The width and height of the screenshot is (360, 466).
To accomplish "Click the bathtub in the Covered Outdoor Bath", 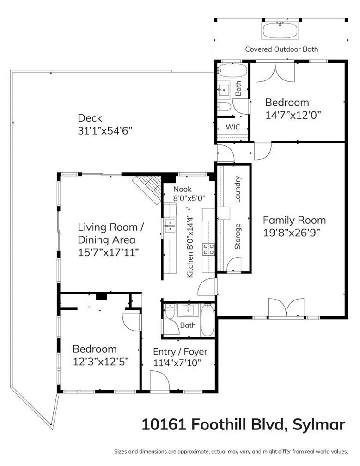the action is click(x=280, y=31).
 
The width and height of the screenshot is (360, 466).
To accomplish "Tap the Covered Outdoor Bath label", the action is click(x=281, y=49).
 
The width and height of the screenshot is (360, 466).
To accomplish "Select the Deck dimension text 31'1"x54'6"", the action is click(x=105, y=131).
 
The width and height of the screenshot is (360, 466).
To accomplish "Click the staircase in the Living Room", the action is click(x=147, y=190).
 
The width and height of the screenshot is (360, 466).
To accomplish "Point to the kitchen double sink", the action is click(x=170, y=226).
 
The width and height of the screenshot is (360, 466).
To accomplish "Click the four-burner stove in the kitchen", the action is click(x=208, y=249).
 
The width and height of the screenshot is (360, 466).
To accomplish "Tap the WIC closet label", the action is click(x=232, y=127).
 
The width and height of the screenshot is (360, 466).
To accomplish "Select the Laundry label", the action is click(x=238, y=190).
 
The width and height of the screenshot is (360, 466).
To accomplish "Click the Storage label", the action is click(x=238, y=237).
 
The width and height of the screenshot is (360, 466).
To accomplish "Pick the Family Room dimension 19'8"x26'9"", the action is click(x=292, y=233).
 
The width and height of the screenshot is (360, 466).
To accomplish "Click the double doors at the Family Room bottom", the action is click(x=286, y=308).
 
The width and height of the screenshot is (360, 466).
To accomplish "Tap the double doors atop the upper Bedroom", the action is click(x=275, y=72).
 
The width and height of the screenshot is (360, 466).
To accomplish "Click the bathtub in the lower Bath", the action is click(x=207, y=320).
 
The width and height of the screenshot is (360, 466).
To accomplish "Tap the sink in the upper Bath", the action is click(x=223, y=90).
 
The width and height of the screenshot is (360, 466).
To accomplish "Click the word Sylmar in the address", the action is click(x=319, y=425).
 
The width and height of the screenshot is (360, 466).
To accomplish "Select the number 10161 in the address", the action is click(x=164, y=424).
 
